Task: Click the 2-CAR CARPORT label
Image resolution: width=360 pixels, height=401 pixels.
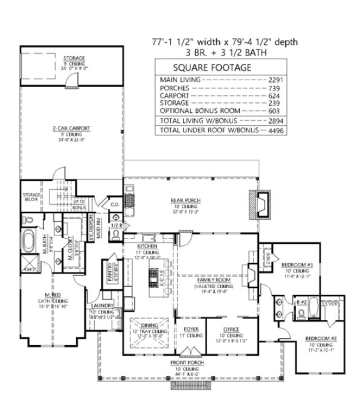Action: (x=72, y=128)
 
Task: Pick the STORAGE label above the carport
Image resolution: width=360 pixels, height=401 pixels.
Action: (x=74, y=58)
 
